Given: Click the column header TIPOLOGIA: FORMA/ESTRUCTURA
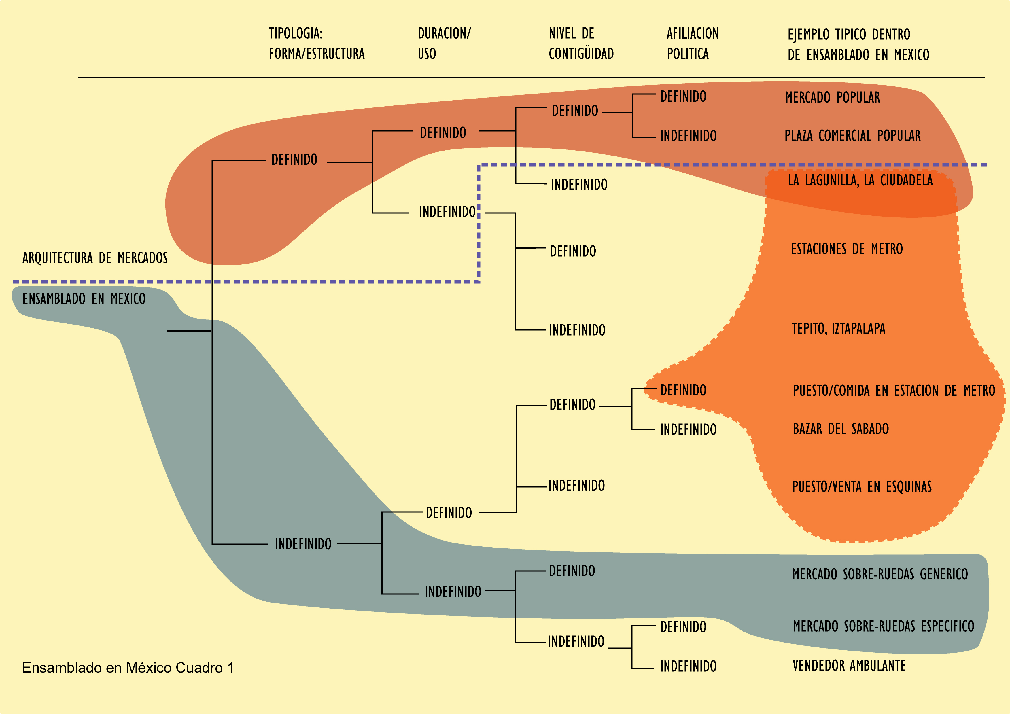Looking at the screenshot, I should [x=316, y=43].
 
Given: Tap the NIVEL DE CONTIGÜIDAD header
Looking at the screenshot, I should [x=581, y=43].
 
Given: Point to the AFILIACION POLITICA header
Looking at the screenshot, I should [x=693, y=43].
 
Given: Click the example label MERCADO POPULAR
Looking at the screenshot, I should [x=832, y=97].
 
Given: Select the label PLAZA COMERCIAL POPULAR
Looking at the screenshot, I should [x=852, y=135].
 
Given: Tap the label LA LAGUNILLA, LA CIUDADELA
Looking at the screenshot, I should [x=860, y=180].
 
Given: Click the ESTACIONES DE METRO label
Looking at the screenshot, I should [x=846, y=249].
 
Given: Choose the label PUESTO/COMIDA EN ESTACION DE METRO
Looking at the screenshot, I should [x=893, y=390].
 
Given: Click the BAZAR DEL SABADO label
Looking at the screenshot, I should [x=840, y=429].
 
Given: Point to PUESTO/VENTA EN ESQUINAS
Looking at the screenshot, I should [x=861, y=486].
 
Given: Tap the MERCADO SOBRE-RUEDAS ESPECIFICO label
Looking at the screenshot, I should [x=883, y=626].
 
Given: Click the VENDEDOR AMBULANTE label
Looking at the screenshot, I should [x=849, y=666].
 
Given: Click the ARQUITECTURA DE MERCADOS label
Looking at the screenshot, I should [x=95, y=258].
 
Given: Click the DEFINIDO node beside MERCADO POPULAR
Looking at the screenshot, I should [x=683, y=97].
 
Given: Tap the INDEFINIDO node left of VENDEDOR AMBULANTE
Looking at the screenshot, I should [x=688, y=666].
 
